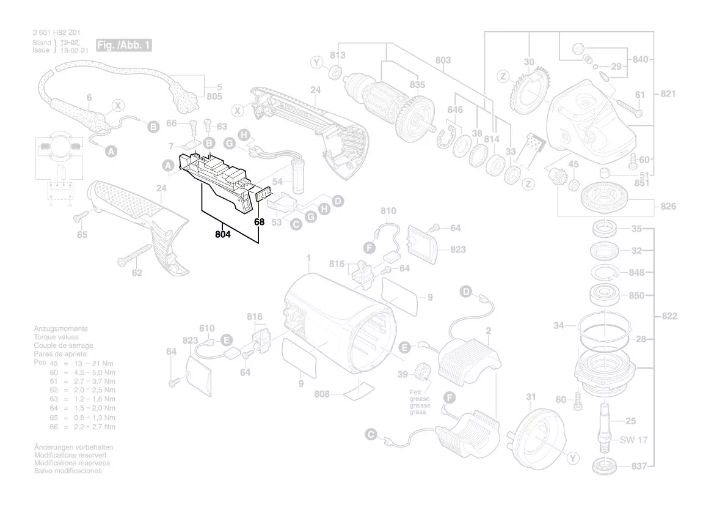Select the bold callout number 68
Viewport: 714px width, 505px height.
(259, 222)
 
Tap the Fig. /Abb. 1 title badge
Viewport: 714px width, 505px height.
(123, 46)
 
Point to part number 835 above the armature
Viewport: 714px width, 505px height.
(417, 84)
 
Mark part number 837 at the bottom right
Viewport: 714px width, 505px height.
(638, 466)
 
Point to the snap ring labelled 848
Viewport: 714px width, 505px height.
(604, 273)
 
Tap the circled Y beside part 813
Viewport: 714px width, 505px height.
(316, 62)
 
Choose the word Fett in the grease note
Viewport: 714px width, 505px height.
(416, 392)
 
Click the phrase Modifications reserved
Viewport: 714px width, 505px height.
(70, 455)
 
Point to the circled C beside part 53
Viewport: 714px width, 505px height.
(296, 225)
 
